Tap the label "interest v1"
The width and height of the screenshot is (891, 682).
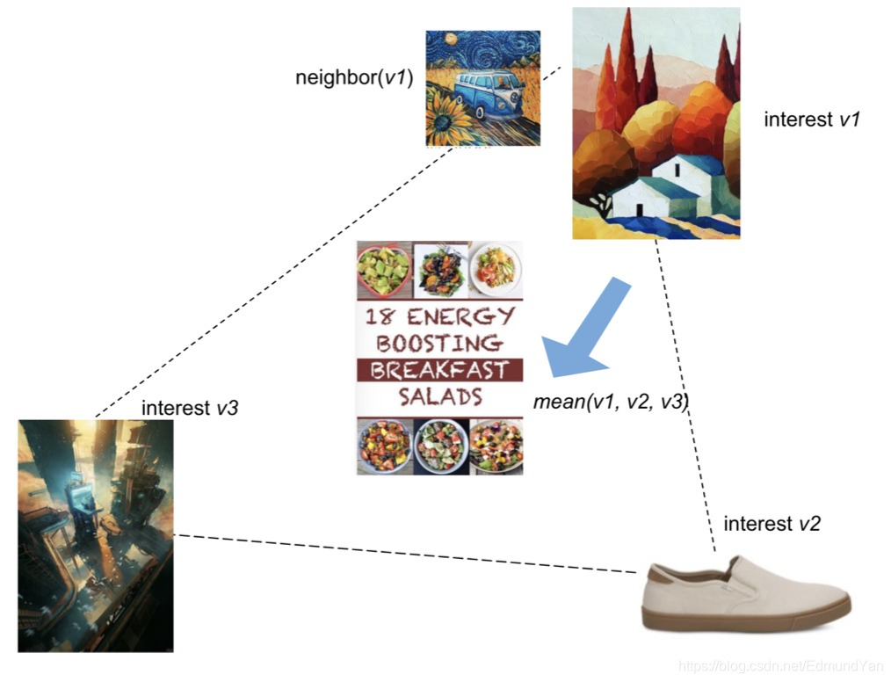tap(810, 120)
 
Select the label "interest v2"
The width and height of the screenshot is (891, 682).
tap(771, 525)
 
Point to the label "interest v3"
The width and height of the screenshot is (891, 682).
tap(190, 408)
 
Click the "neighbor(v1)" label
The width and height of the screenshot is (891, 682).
tap(354, 77)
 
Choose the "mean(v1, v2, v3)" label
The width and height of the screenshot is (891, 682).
tap(611, 403)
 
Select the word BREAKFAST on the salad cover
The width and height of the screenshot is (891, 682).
tap(439, 370)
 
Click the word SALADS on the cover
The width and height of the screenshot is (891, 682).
tap(440, 396)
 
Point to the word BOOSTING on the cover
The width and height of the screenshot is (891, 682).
tap(439, 343)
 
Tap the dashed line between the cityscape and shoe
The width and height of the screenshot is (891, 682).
tap(404, 554)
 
